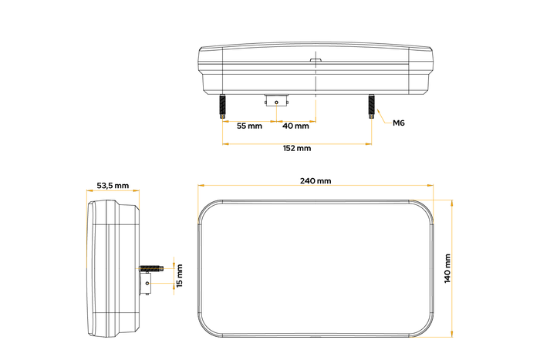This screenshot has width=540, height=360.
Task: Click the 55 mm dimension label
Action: point(248,125)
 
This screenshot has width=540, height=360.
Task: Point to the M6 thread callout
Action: point(400,123)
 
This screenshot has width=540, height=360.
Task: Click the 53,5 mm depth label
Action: point(113,186)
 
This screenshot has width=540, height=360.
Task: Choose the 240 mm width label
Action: point(315,181)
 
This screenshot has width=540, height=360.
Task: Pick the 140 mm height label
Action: point(447,268)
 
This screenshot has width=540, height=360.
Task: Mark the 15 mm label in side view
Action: point(180,275)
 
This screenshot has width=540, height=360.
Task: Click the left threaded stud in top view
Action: point(222,105)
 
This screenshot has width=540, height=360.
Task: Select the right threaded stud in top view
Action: point(371,105)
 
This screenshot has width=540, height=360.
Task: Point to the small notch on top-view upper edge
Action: point(316,59)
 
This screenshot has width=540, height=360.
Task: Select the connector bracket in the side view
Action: point(144,284)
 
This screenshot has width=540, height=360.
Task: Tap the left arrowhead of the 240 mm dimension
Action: point(200,186)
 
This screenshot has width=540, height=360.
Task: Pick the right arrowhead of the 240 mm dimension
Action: point(429,186)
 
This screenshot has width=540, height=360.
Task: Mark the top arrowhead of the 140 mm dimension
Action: point(451,201)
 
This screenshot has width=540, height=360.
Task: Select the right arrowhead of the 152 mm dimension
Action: point(369,143)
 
